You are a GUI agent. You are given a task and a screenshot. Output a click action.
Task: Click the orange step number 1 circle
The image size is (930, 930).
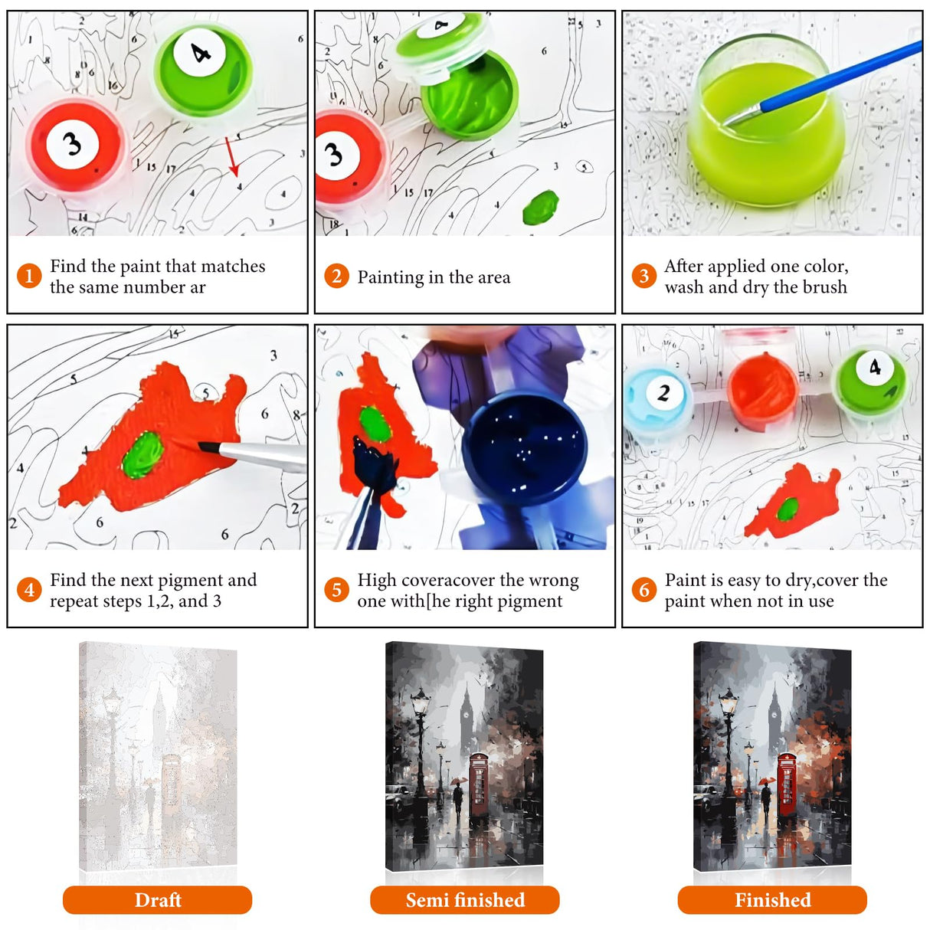click(x=29, y=276)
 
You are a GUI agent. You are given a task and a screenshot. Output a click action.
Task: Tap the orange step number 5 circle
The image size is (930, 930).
click(x=336, y=590)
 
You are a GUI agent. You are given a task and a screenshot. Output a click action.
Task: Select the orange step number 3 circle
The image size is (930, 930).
click(x=643, y=276)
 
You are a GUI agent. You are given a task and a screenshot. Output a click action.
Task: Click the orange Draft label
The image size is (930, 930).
click(x=157, y=900)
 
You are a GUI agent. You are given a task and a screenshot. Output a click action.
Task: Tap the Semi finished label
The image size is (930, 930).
click(x=465, y=900)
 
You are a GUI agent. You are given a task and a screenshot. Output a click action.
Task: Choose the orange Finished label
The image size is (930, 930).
click(x=772, y=900)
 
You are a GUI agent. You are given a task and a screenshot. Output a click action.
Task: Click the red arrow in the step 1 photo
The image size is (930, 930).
click(x=231, y=156)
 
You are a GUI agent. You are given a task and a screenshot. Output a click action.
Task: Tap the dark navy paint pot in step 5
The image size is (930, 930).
click(x=525, y=448)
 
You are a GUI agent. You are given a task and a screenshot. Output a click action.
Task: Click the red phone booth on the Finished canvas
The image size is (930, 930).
click(x=787, y=784)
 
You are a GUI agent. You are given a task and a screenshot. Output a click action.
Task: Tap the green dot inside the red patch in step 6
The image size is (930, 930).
click(x=788, y=509)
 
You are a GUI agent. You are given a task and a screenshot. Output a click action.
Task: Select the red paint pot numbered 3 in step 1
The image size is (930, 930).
click(x=75, y=146)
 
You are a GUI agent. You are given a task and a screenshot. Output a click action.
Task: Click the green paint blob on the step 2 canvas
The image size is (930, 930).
click(x=541, y=208)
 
